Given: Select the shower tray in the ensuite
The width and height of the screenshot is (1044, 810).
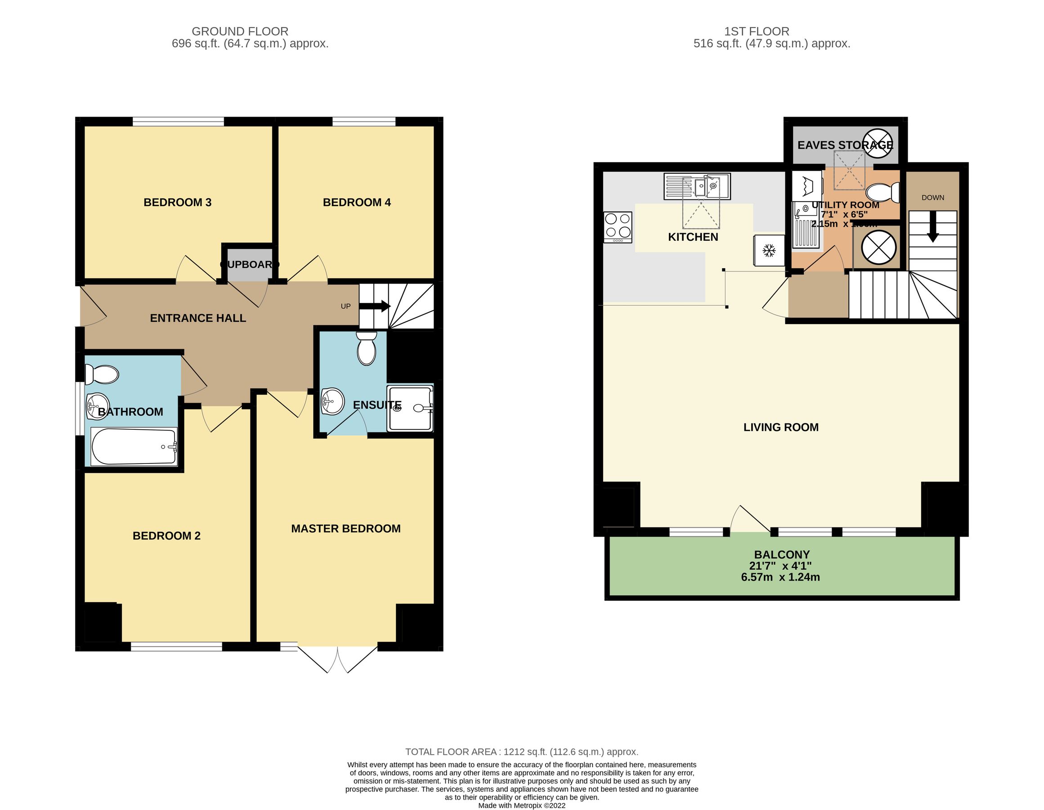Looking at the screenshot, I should pyautogui.click(x=410, y=408).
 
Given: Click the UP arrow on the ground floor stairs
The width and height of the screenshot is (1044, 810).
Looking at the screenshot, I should pyautogui.click(x=375, y=306).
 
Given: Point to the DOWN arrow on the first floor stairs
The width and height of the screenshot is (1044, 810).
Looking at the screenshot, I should pyautogui.click(x=932, y=231).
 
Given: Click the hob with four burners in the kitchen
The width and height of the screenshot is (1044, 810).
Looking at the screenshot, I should pyautogui.click(x=618, y=227).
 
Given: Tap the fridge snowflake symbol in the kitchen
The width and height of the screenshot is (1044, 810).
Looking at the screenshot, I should pyautogui.click(x=769, y=250).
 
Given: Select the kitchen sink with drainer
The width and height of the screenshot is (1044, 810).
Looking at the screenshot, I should pyautogui.click(x=697, y=186).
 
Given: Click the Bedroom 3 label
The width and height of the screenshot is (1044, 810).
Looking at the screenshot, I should pyautogui.click(x=177, y=202).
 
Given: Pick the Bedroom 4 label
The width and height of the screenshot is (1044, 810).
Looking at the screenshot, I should pyautogui.click(x=357, y=202).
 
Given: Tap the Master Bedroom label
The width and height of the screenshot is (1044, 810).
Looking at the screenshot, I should pyautogui.click(x=345, y=528).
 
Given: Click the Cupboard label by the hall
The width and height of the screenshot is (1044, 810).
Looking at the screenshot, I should pyautogui.click(x=250, y=265).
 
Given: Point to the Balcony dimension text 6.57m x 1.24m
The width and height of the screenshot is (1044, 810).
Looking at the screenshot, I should pyautogui.click(x=780, y=577).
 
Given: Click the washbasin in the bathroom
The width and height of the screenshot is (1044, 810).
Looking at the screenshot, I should pyautogui.click(x=97, y=406).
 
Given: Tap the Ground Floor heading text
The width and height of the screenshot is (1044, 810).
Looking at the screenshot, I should pyautogui.click(x=239, y=31).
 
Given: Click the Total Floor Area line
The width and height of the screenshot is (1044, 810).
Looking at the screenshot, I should pyautogui.click(x=521, y=751).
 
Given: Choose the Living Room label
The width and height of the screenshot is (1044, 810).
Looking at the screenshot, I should pyautogui.click(x=780, y=427).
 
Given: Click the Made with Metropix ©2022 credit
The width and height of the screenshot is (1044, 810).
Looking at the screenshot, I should pyautogui.click(x=521, y=805).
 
